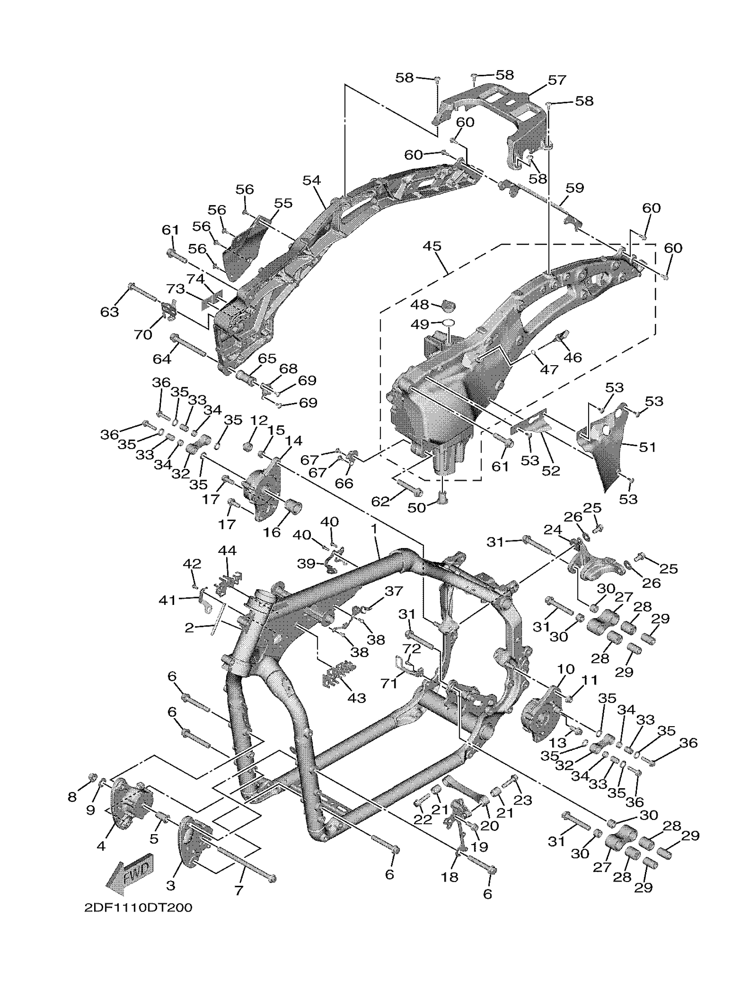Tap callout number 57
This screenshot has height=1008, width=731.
556,80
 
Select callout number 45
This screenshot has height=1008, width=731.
432,246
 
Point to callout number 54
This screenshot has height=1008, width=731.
311,180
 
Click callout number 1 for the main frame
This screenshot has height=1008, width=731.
374,529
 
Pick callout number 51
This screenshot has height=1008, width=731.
647,447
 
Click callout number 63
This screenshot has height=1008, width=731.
109,311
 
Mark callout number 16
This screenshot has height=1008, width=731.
272,532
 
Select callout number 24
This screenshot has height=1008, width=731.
553,530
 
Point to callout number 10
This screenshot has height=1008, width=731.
565,681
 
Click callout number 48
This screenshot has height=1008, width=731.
419,305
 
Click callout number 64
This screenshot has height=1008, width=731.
162,358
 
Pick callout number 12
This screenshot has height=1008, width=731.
259,420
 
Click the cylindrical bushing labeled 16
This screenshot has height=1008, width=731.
294,506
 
